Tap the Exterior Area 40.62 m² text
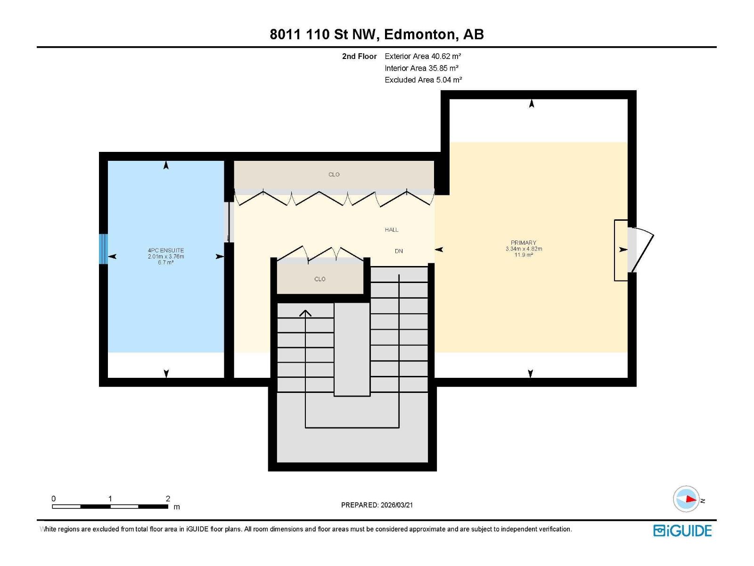(423, 56)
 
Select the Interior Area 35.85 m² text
(421, 68)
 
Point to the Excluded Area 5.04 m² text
(423, 80)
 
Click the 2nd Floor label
(359, 56)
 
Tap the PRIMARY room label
(524, 243)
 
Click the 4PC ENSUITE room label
(166, 250)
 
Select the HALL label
(391, 230)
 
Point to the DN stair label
(399, 251)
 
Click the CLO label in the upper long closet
(334, 175)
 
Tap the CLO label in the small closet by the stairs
(320, 279)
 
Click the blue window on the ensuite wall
(103, 249)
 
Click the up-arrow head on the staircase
(305, 313)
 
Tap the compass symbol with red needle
(686, 499)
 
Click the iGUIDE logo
(682, 531)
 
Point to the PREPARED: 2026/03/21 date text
(377, 505)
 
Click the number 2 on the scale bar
(168, 499)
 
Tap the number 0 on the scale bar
(54, 499)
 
